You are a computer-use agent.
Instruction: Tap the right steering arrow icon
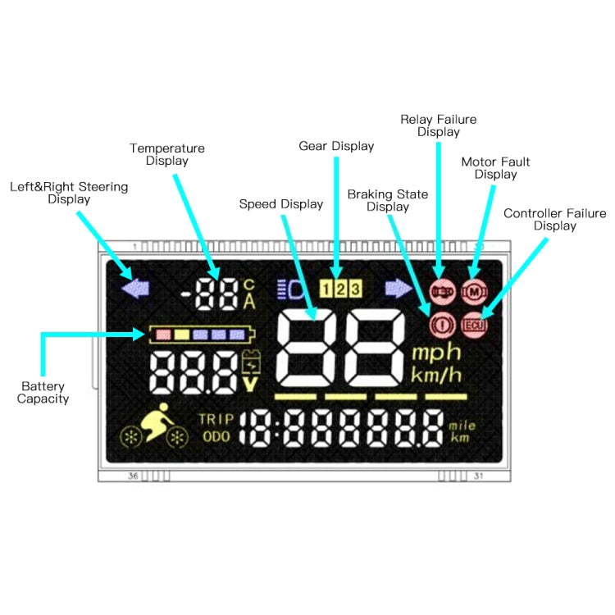tap(399, 288)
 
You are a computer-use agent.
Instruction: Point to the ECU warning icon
tap(473, 325)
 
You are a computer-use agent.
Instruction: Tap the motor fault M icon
tap(473, 290)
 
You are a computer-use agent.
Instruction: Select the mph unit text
tap(435, 353)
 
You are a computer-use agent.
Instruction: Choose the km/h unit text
tap(435, 376)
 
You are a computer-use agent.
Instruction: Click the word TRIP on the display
tap(216, 420)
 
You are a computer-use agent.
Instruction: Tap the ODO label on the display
tap(217, 436)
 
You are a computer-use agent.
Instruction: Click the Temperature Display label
tap(167, 154)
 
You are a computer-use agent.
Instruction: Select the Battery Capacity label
tap(44, 392)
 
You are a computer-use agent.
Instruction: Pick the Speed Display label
tap(281, 203)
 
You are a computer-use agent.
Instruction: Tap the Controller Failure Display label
tap(554, 219)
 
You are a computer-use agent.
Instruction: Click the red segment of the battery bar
tap(162, 334)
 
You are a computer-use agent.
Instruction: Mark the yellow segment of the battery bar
tap(181, 334)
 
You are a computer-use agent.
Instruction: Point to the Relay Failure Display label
tap(438, 125)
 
